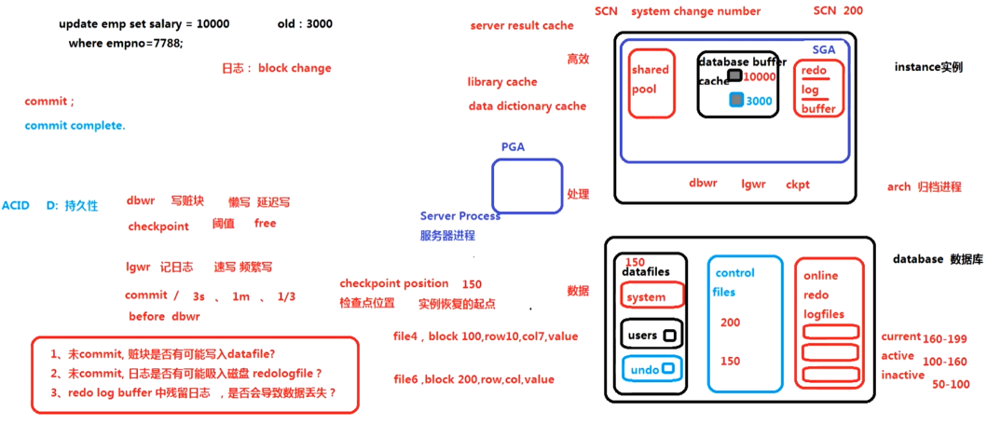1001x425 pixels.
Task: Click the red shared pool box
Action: pyautogui.click(x=651, y=83)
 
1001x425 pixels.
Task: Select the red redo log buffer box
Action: pyautogui.click(x=819, y=89)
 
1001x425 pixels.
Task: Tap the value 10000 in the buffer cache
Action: pyautogui.click(x=760, y=76)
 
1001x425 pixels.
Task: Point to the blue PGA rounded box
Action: pyautogui.click(x=528, y=185)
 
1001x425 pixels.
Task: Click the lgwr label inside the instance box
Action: pyautogui.click(x=753, y=185)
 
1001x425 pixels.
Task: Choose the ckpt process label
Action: pyautogui.click(x=798, y=185)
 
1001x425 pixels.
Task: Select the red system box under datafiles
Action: pyautogui.click(x=651, y=296)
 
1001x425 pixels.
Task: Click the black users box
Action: pyautogui.click(x=651, y=335)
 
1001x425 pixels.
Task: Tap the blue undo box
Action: pyautogui.click(x=651, y=369)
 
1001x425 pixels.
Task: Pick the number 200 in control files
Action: pyautogui.click(x=730, y=322)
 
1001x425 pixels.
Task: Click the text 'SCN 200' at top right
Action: pyautogui.click(x=838, y=11)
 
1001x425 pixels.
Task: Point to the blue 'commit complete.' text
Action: pyautogui.click(x=75, y=126)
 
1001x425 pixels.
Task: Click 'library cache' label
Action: pyautogui.click(x=502, y=82)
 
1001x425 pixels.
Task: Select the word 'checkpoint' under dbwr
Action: pyautogui.click(x=158, y=226)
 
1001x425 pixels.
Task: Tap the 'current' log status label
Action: pyautogui.click(x=900, y=336)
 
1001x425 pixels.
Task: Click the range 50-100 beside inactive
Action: pyautogui.click(x=950, y=384)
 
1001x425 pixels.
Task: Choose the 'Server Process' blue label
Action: pyautogui.click(x=460, y=216)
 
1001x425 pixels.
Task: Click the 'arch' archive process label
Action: pyautogui.click(x=898, y=187)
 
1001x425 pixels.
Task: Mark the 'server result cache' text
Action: pyautogui.click(x=522, y=25)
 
